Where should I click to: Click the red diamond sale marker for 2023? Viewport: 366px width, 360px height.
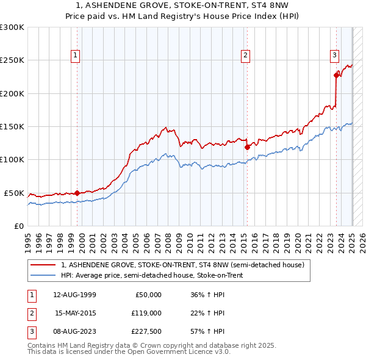[336, 75]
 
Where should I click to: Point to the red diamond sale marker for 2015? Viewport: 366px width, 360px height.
[247, 147]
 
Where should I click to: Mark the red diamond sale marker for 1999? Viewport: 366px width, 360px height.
[77, 193]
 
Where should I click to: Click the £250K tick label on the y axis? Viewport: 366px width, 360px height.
[12, 60]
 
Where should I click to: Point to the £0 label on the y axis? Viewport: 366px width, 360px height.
[20, 226]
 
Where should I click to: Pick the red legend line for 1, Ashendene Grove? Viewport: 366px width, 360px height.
[43, 265]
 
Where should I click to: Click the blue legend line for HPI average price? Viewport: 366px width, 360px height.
[43, 275]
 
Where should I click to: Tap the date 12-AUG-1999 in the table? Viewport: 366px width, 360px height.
[74, 295]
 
